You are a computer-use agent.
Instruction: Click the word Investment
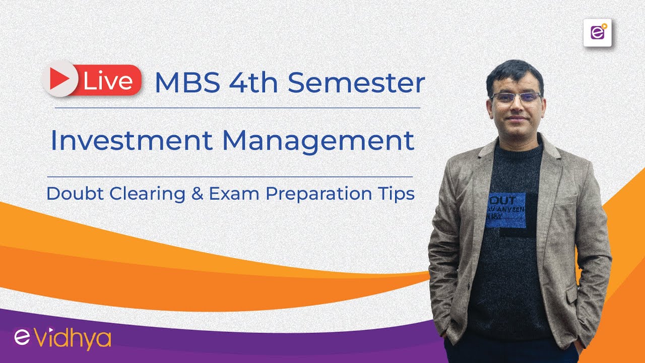pos(132,141)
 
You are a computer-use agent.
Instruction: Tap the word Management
pos(318,141)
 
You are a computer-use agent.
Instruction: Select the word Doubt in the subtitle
pos(73,194)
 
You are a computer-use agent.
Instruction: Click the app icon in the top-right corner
pos(597,33)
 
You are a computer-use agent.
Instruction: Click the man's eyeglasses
pos(515,97)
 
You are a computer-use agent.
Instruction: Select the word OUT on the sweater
pos(499,199)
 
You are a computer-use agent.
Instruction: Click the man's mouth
pos(515,121)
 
